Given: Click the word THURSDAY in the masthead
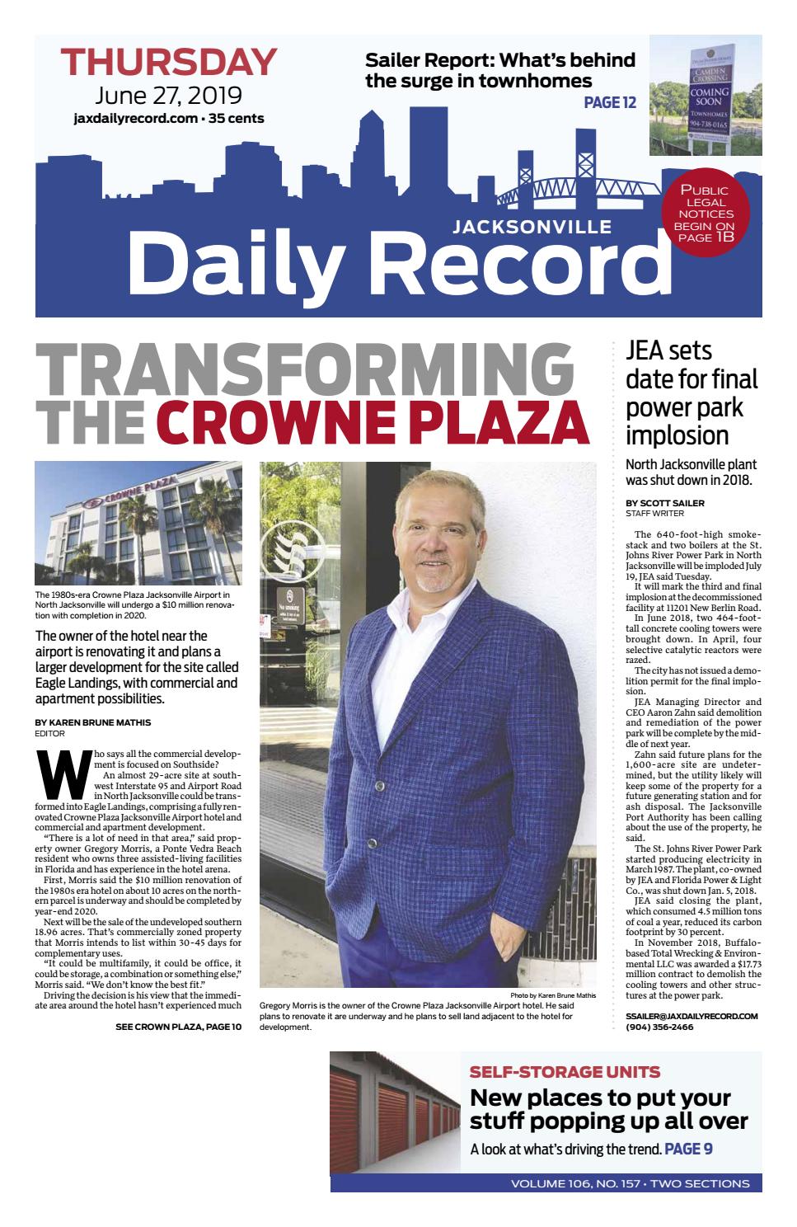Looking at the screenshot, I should (x=168, y=63).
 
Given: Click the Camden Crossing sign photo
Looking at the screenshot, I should (x=705, y=95).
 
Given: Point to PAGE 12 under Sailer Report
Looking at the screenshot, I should (x=610, y=102).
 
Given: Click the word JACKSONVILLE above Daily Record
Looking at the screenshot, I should (x=532, y=226).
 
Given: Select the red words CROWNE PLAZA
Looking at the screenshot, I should (x=373, y=422).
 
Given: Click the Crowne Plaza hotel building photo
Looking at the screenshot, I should (x=138, y=523).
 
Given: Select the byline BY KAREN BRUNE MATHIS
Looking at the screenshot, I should (x=93, y=722).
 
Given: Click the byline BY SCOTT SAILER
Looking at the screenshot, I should (x=665, y=503).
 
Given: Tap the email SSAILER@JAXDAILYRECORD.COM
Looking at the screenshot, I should (x=692, y=1017).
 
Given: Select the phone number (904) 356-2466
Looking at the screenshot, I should (x=659, y=1027).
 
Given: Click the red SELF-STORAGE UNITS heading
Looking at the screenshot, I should (x=564, y=1072).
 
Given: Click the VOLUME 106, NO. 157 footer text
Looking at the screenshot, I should (x=630, y=1183).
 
